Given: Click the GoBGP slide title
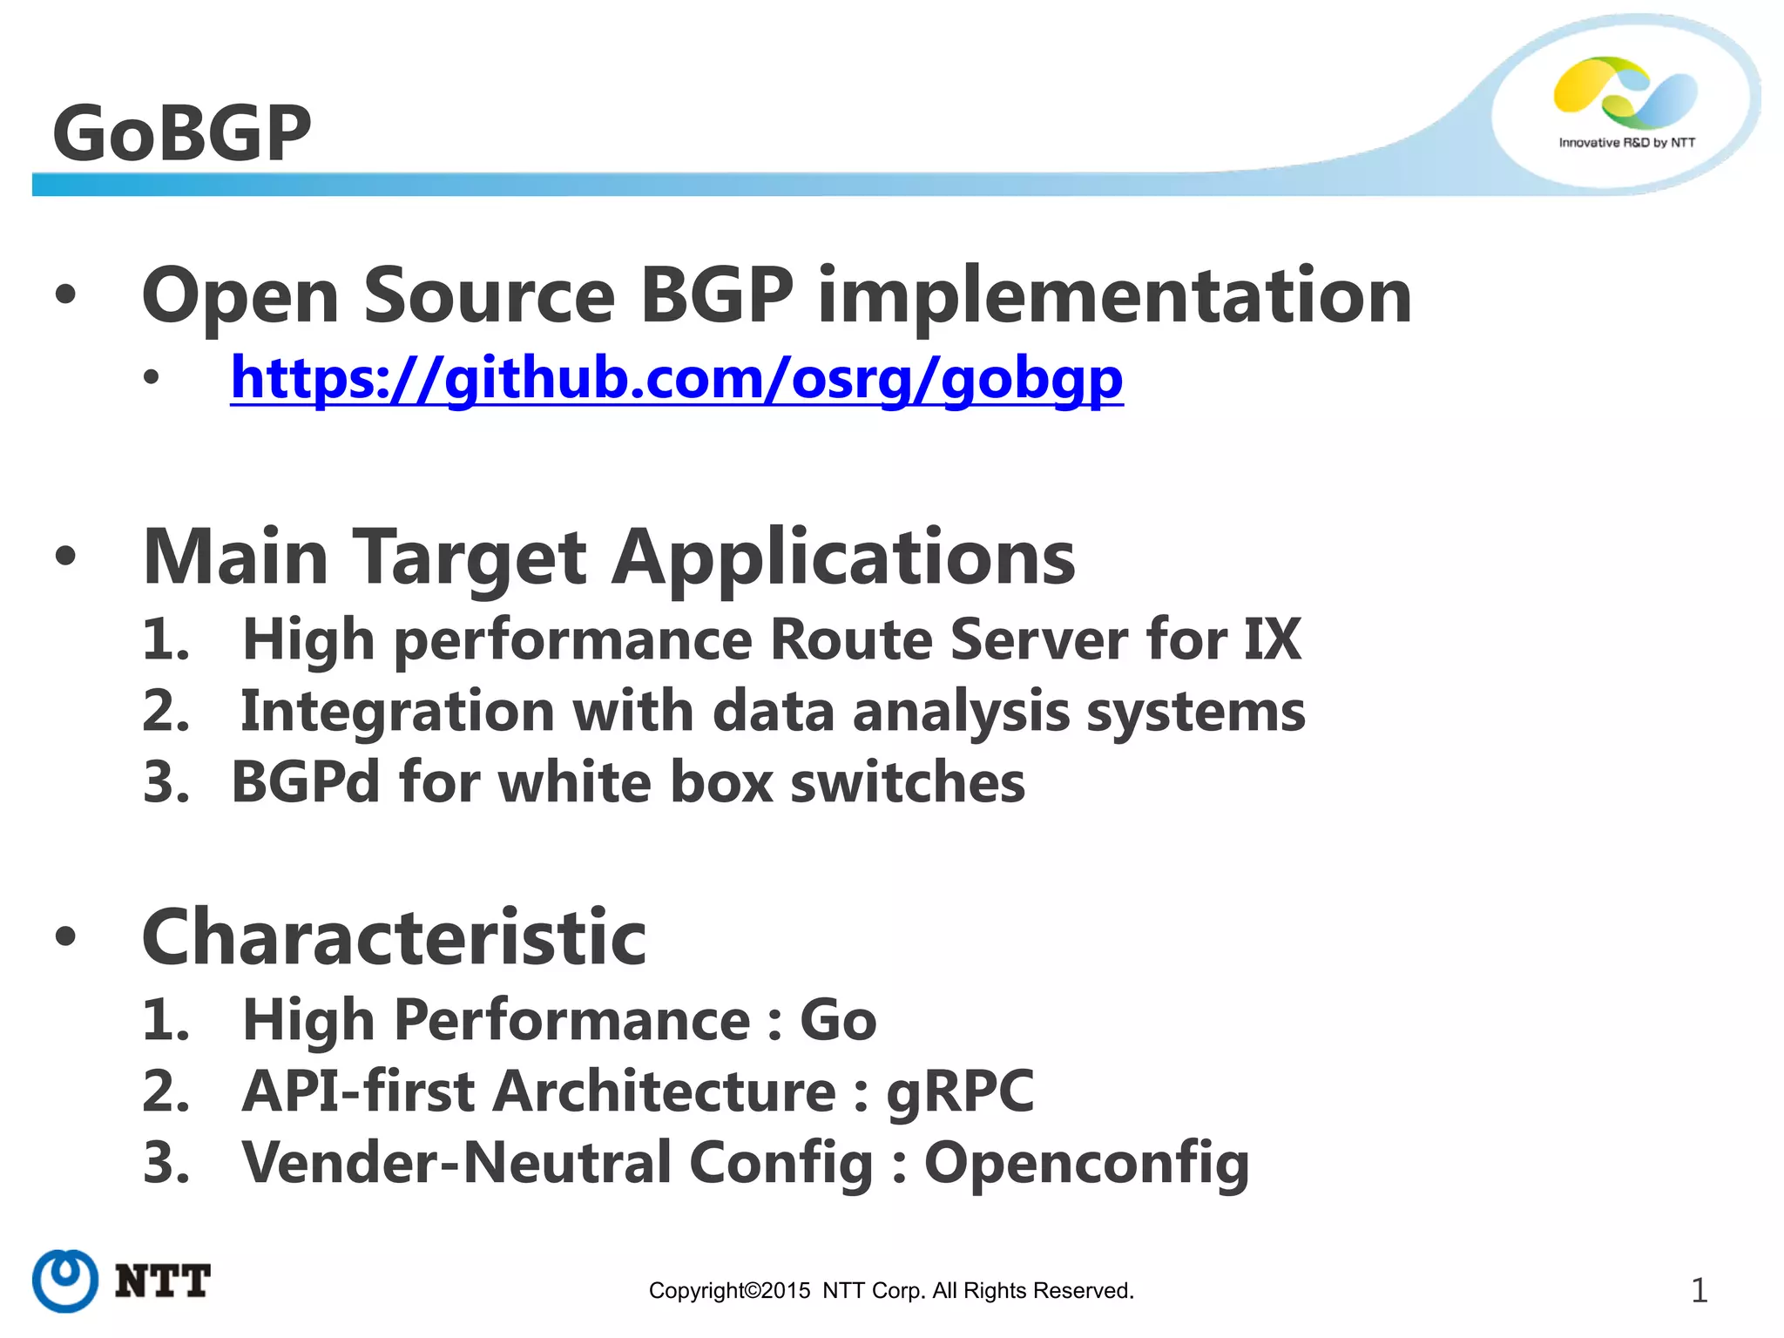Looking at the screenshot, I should point(181,133).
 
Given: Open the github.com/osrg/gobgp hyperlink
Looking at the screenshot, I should point(676,380).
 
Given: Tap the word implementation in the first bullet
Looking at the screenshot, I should point(1114,296).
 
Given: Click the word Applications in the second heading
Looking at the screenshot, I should point(843,557).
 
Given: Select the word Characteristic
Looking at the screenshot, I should point(394,938).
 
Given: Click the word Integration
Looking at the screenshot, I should point(397,712).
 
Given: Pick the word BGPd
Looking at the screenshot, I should point(305,782).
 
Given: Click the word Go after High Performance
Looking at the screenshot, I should point(837,1020).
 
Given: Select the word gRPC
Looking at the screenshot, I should point(960,1092).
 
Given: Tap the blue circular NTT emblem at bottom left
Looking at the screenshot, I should point(65,1281).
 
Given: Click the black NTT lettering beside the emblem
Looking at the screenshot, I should point(163,1281).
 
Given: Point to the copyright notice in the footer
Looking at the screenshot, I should point(891,1290).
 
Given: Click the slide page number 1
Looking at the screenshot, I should point(1699,1290).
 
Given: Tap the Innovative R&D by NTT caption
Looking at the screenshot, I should point(1626,143).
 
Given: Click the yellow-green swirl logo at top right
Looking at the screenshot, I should point(1625,91).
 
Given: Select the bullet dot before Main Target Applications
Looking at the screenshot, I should point(65,556).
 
